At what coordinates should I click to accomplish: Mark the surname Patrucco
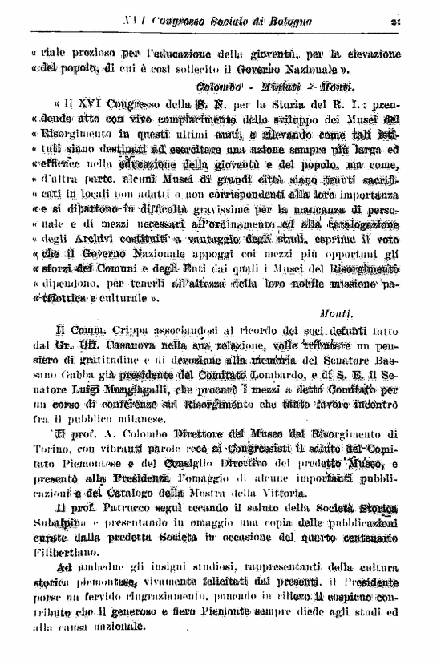point(129,508)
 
